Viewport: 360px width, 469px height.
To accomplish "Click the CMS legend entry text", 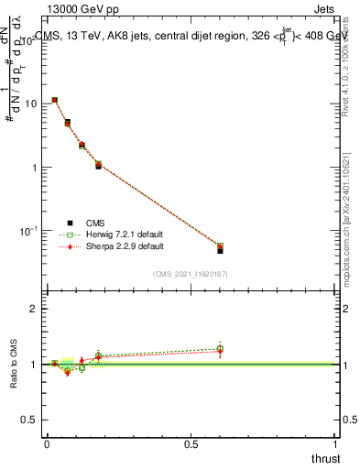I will coord(96,223).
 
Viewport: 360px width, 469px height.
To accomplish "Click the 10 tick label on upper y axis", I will coord(30,104).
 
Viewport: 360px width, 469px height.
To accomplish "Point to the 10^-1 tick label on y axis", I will coord(29,231).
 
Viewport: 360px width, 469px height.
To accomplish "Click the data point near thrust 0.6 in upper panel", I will coord(220,247).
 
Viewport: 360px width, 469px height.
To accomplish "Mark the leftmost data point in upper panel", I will coord(55,100).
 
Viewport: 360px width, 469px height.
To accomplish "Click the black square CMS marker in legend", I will coord(70,223).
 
